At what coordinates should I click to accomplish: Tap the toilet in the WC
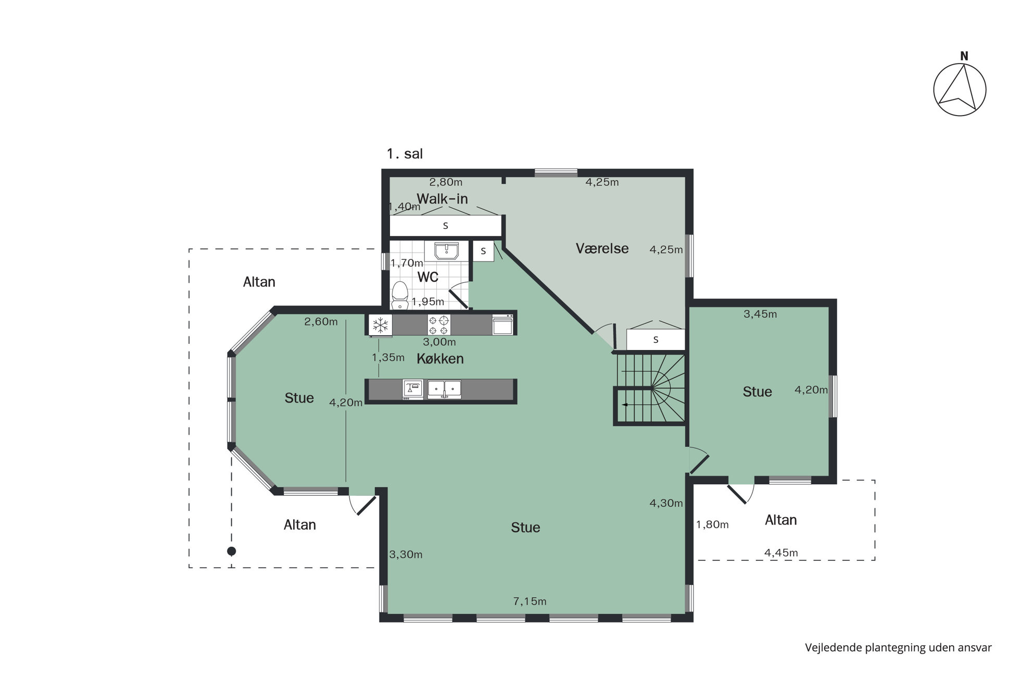[x=400, y=294]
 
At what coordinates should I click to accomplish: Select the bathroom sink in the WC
[x=441, y=250]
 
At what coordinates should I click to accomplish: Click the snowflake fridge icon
[x=381, y=325]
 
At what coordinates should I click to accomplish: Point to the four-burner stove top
[x=438, y=325]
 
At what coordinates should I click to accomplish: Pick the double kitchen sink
[x=444, y=390]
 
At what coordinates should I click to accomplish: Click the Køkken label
[x=440, y=359]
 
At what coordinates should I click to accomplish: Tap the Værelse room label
[x=602, y=248]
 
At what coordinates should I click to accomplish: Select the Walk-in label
[x=442, y=198]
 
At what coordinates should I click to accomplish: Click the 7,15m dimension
[x=530, y=602]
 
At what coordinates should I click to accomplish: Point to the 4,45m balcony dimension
[x=781, y=553]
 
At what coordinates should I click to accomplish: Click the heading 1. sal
[x=405, y=154]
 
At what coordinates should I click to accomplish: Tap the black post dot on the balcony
[x=232, y=551]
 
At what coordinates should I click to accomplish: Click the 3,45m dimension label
[x=760, y=314]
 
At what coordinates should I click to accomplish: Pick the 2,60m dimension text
[x=321, y=322]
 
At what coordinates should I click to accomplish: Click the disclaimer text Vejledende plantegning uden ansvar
[x=898, y=647]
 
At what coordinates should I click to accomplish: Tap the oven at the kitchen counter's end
[x=502, y=324]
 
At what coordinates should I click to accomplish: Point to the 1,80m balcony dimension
[x=712, y=525]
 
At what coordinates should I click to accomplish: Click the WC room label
[x=427, y=277]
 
